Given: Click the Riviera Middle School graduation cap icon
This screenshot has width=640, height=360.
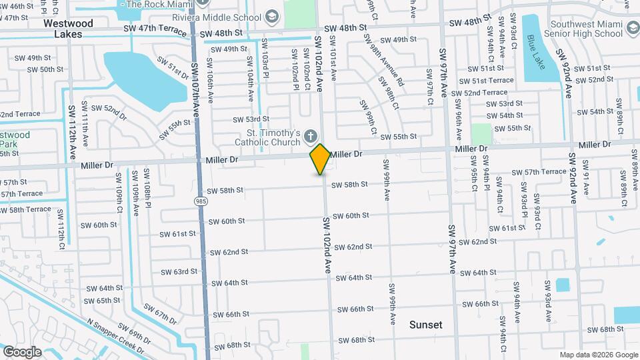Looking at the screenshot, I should click(x=271, y=15).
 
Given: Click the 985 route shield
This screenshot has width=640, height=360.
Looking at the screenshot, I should click(x=200, y=200).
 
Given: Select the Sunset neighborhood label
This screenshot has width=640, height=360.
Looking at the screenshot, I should click(x=425, y=325).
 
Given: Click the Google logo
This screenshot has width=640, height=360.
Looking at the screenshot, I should click(x=22, y=351).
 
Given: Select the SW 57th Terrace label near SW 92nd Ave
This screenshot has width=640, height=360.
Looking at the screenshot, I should click(x=539, y=172).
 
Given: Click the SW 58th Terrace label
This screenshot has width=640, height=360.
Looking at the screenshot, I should click(x=25, y=209).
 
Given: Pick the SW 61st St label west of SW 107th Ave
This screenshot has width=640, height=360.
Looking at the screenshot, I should click(x=177, y=234).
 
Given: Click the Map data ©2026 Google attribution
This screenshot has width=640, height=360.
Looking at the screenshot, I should click(x=599, y=355).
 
